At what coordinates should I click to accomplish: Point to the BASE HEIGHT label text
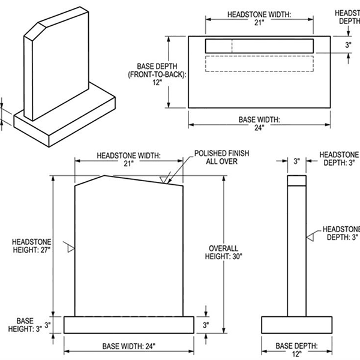tap(25, 325)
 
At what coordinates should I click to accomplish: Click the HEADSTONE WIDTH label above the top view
tap(259, 13)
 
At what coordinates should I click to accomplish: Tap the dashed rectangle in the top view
tap(259, 64)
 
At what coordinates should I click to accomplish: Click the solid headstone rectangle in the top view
tap(259, 46)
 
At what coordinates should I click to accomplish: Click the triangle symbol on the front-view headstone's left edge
tap(71, 248)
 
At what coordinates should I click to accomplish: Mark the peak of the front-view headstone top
tap(106, 176)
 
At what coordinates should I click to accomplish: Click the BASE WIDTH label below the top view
tap(259, 119)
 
